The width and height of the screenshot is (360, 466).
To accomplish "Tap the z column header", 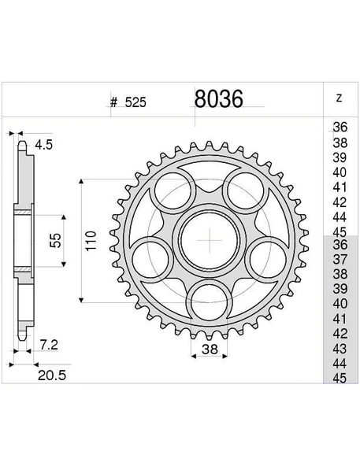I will click(x=340, y=98).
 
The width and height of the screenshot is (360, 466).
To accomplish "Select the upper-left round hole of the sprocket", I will click(x=174, y=192).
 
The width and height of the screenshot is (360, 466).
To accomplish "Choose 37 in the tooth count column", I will click(x=340, y=259).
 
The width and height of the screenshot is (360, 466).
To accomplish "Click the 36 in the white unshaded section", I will click(x=340, y=128).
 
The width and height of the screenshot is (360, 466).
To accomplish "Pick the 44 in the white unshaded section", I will click(x=340, y=216).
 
